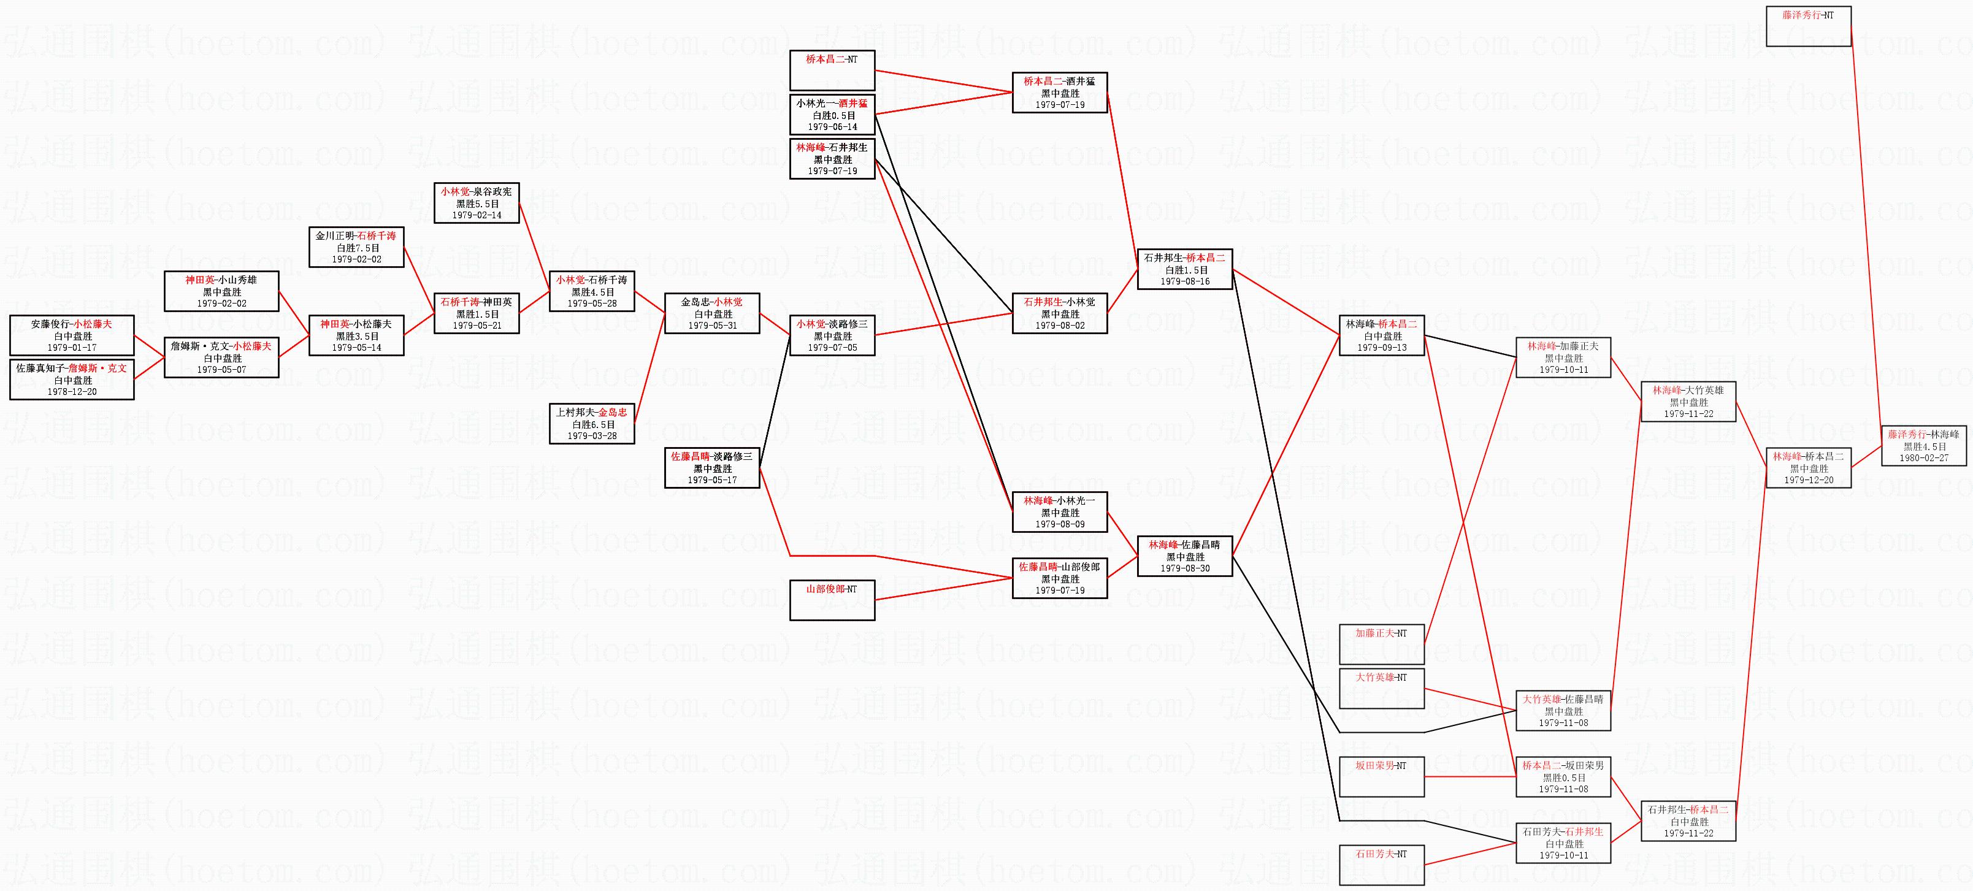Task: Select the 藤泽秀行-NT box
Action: [x=1809, y=26]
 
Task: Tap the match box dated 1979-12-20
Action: [x=1809, y=468]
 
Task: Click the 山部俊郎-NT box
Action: [x=832, y=600]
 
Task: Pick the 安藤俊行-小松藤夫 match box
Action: [x=71, y=335]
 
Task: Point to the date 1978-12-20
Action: [x=71, y=391]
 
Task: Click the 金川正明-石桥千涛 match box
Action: [x=356, y=248]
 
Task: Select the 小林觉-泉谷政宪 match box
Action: [x=477, y=203]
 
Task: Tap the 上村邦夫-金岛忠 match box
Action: [x=591, y=424]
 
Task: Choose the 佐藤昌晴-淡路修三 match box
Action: [x=711, y=468]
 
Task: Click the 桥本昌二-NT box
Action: [x=832, y=70]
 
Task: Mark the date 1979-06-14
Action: [x=832, y=127]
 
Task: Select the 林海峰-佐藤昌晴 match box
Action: [x=1184, y=556]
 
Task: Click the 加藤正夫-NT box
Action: [x=1381, y=644]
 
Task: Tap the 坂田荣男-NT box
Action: [x=1381, y=777]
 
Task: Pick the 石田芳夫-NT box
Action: [x=1381, y=865]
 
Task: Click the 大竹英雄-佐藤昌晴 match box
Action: [x=1563, y=711]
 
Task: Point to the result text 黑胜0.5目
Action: [x=1563, y=778]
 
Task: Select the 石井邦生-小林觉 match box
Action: [x=1059, y=313]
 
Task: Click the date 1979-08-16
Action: [x=1184, y=281]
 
